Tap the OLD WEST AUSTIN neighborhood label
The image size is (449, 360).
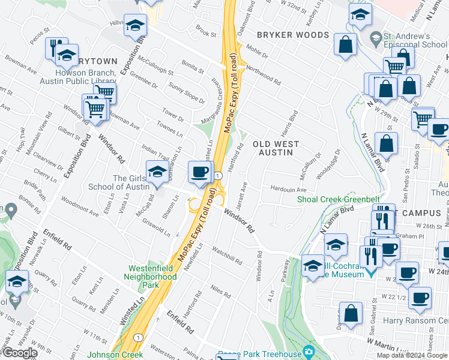tap(273, 148)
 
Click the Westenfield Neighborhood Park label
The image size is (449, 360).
tap(150, 272)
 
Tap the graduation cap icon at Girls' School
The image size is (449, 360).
tap(157, 173)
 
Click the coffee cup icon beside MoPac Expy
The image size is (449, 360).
tap(199, 172)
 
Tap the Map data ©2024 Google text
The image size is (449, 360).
tap(412, 355)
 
